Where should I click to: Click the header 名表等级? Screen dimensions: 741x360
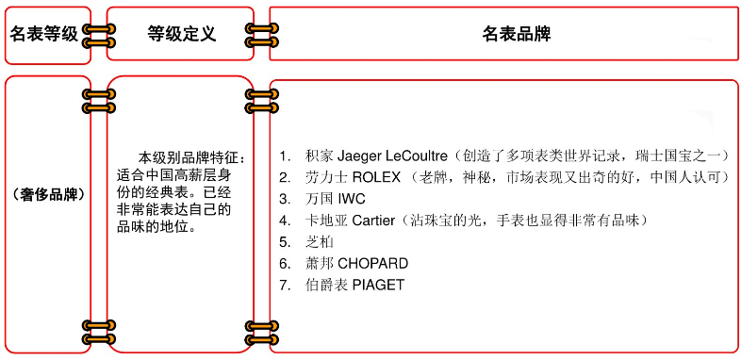(43, 34)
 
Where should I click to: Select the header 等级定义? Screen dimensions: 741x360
(181, 34)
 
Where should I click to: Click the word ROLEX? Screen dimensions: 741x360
(377, 176)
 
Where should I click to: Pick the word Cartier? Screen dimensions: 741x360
(375, 221)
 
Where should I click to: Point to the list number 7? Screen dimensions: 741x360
(284, 286)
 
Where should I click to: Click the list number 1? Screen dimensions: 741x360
(284, 155)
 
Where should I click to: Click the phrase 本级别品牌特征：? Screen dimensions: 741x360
(191, 156)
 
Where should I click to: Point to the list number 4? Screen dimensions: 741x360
(284, 221)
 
